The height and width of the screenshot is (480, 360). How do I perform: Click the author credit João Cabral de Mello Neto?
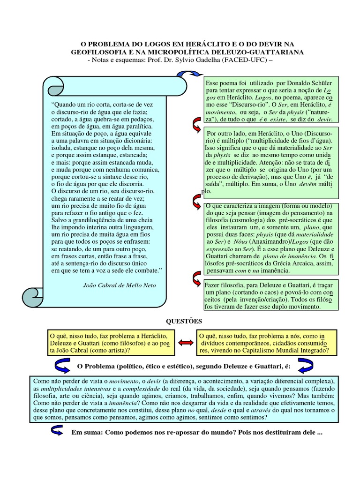tap(119, 285)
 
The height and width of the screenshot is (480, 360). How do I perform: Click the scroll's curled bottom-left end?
tap(33, 295)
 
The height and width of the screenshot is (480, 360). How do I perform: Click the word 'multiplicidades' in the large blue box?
tap(72, 389)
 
